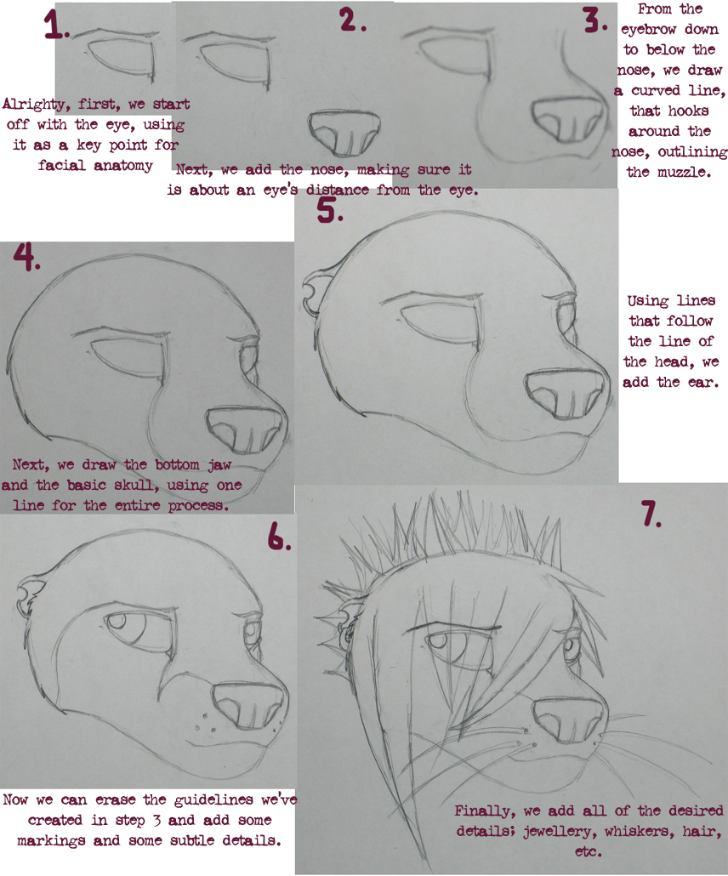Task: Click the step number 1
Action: pos(56,25)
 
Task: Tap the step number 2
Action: pos(352,20)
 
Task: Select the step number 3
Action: pos(595,22)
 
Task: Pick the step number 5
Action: pos(330,211)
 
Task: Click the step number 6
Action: pos(279,538)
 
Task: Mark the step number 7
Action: pos(651,514)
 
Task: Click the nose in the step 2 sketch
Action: pos(344,133)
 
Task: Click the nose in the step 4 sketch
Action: pos(244,429)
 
